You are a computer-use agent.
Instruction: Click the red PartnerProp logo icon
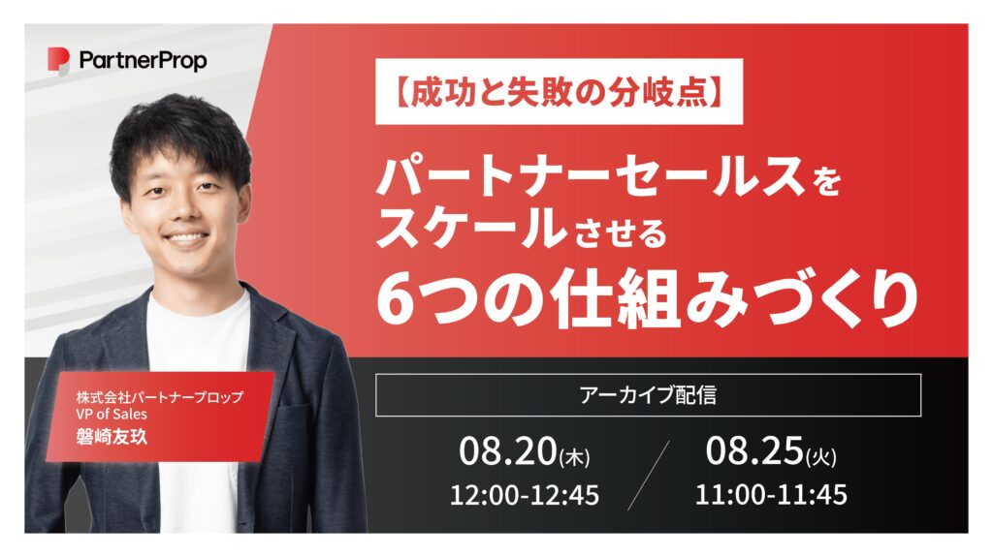coord(58,60)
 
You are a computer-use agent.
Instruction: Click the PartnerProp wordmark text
coord(144,61)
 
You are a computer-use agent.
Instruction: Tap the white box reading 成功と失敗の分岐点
coord(559,92)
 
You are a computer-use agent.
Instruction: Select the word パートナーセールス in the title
coord(590,178)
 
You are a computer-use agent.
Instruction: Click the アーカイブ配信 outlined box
coord(648,395)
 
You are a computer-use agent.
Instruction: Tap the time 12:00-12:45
coord(525,495)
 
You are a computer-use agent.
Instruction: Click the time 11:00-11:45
coord(771,495)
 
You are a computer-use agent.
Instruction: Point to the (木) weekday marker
coord(574,457)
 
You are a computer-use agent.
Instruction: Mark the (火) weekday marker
coord(820,457)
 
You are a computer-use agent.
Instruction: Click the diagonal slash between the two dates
coord(649,475)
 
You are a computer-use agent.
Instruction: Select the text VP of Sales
coord(112,415)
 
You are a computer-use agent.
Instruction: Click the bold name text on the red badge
coord(112,437)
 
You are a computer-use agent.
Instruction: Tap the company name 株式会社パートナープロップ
coord(160,397)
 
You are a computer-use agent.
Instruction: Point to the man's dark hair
coord(179,133)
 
